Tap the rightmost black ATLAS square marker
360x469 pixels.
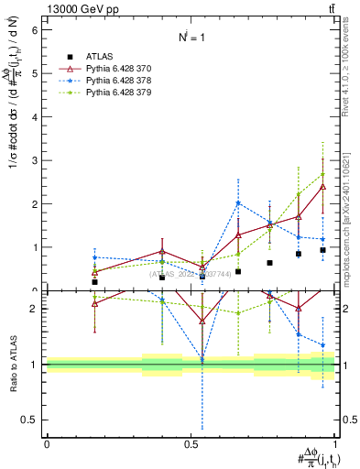point(322,250)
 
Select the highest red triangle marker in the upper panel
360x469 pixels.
point(322,187)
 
